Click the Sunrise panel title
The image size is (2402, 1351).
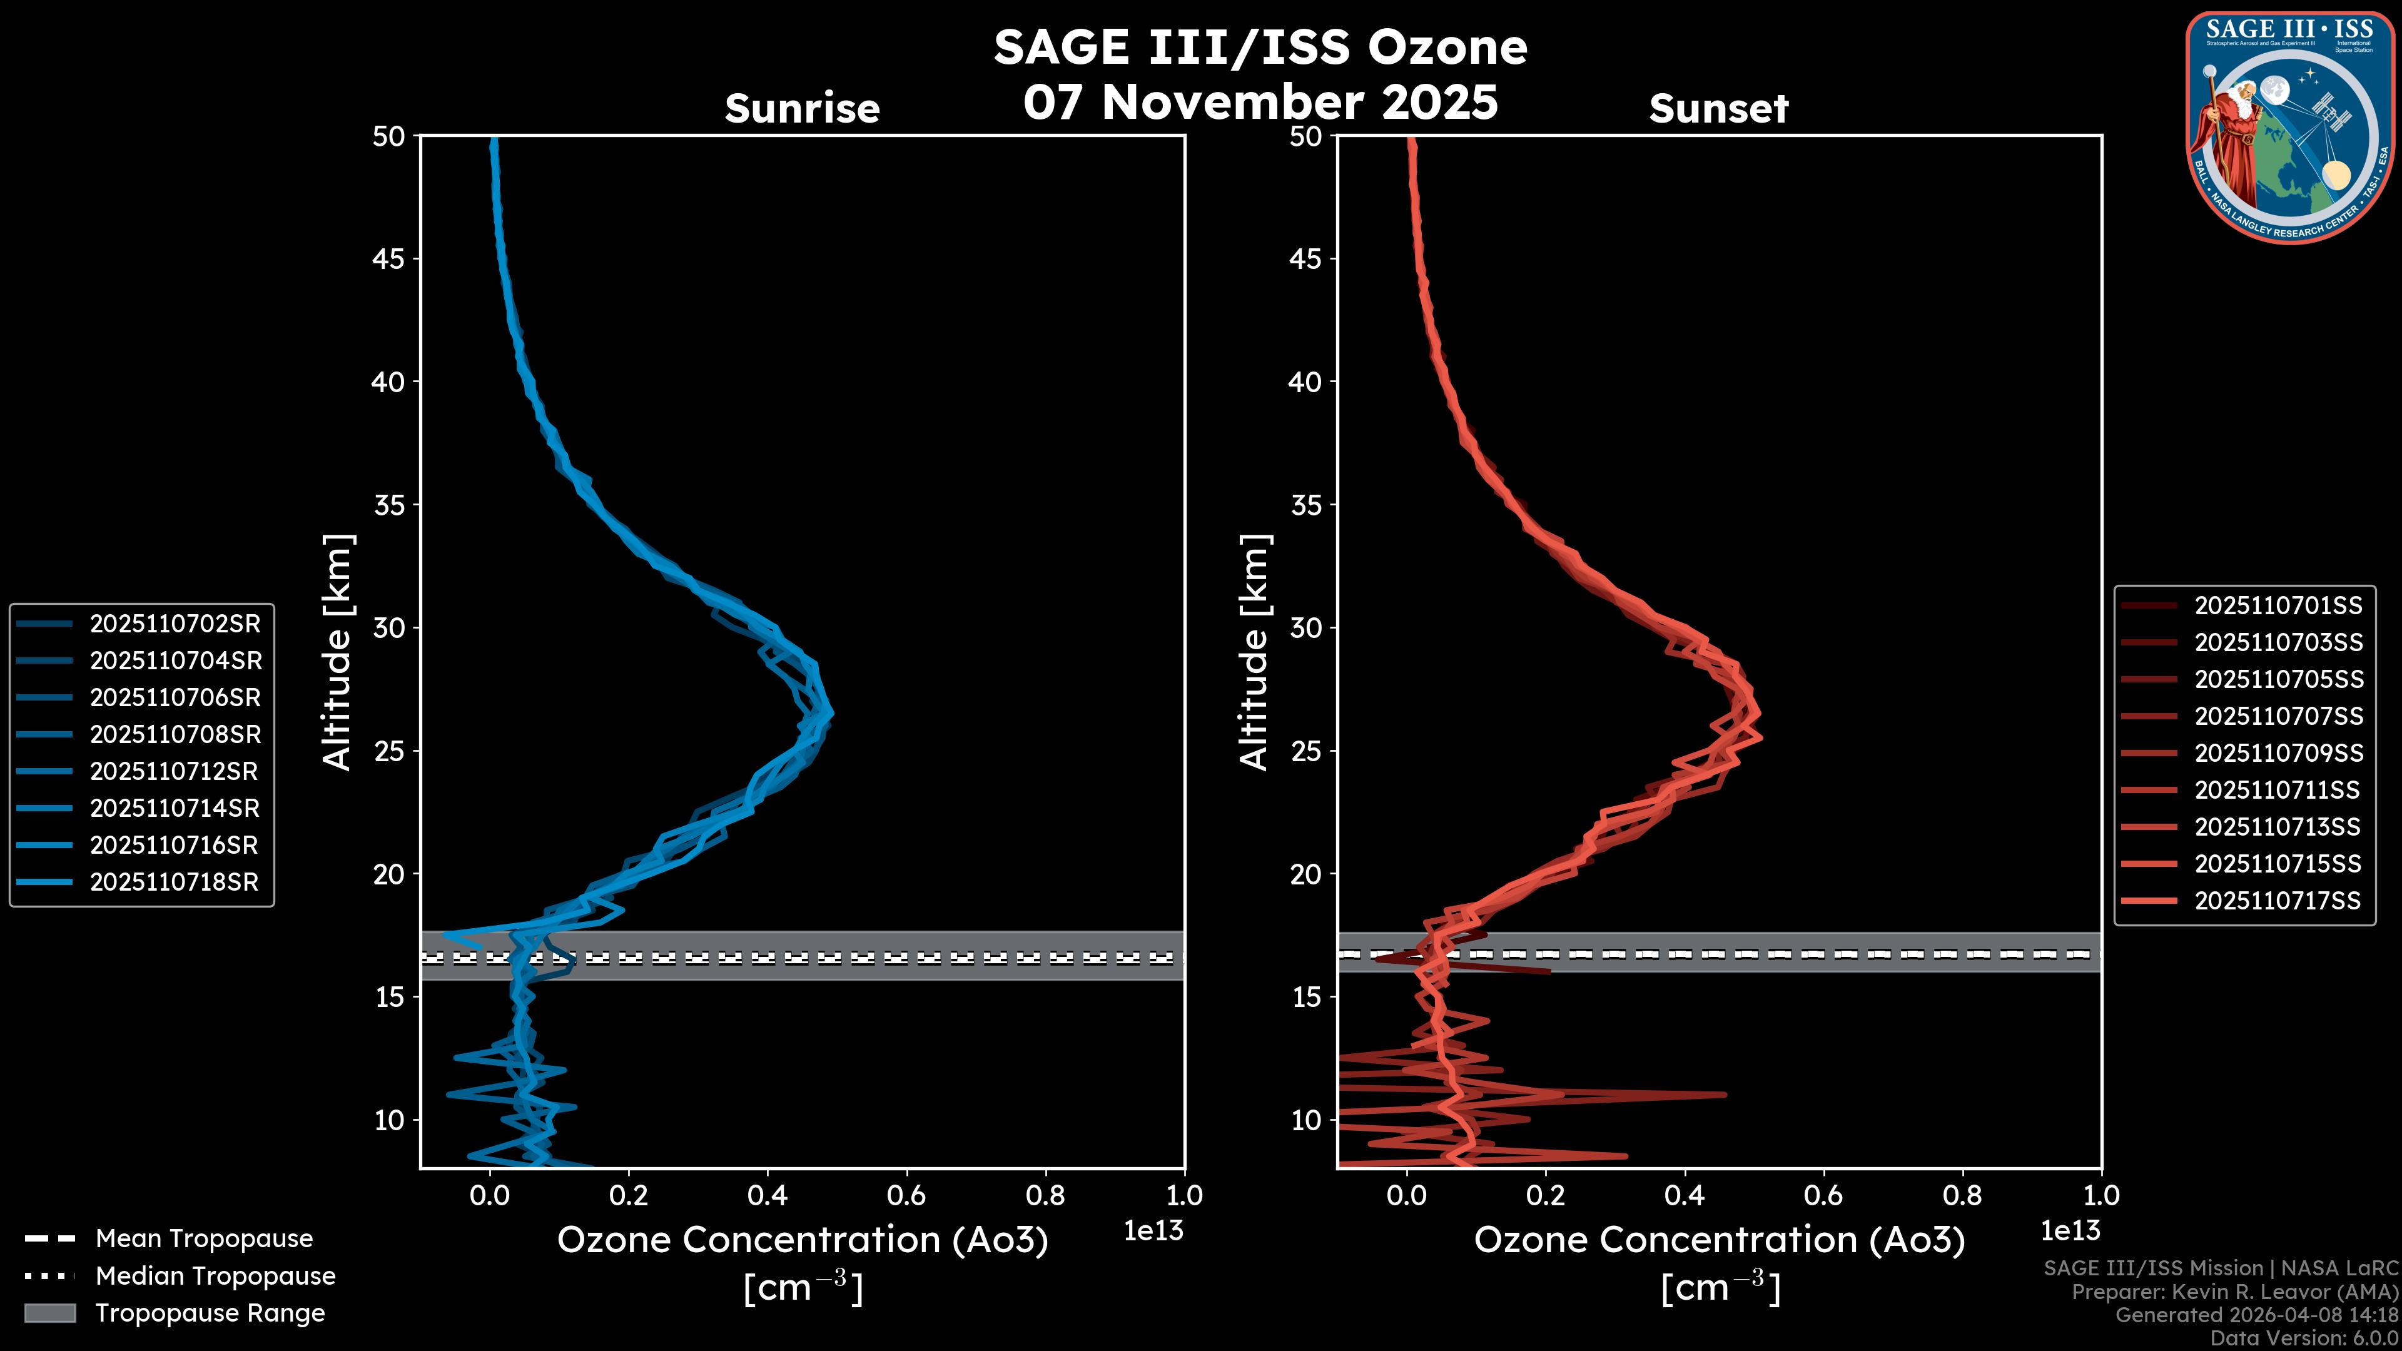click(802, 108)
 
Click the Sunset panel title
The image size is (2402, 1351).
click(1718, 108)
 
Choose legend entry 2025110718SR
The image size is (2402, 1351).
click(173, 882)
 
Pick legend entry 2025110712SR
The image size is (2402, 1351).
click(173, 771)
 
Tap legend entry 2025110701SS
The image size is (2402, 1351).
click(2278, 606)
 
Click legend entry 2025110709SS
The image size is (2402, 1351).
click(2278, 753)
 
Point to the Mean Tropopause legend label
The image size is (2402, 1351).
click(204, 1238)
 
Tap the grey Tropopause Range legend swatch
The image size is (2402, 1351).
click(49, 1313)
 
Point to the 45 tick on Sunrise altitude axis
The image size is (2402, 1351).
click(389, 258)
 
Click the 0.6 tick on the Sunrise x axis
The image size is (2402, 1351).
click(906, 1195)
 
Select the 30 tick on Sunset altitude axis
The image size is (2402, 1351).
click(1306, 627)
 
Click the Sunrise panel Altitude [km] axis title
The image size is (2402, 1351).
click(338, 652)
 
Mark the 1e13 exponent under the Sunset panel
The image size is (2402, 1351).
click(2070, 1231)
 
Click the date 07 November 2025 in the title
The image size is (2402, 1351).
click(1260, 101)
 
